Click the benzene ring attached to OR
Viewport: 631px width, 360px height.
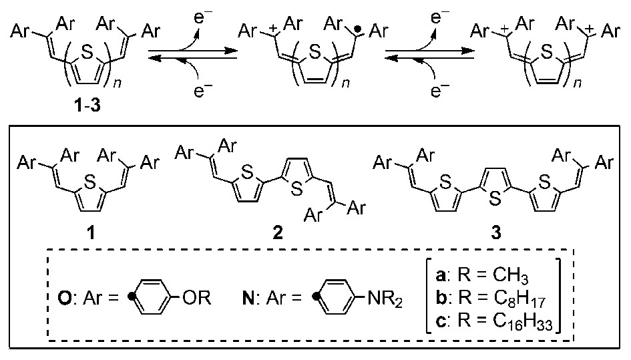pos(154,295)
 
